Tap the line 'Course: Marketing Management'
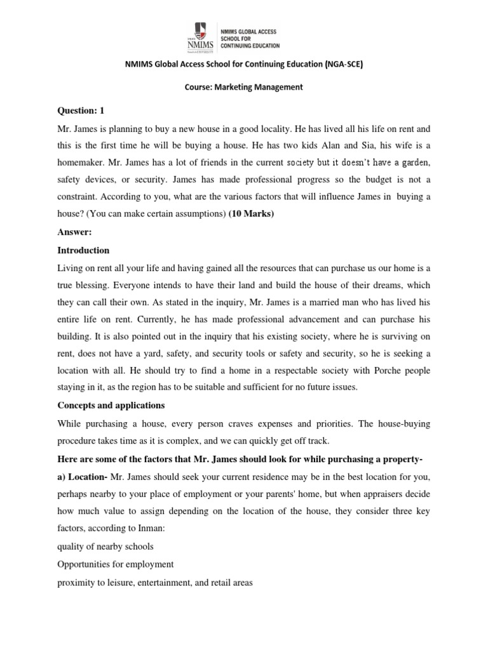[x=243, y=87]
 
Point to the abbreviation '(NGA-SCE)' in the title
[x=342, y=64]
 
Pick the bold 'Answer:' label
[x=74, y=232]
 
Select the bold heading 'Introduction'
[x=83, y=250]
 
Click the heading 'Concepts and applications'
[x=111, y=405]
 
